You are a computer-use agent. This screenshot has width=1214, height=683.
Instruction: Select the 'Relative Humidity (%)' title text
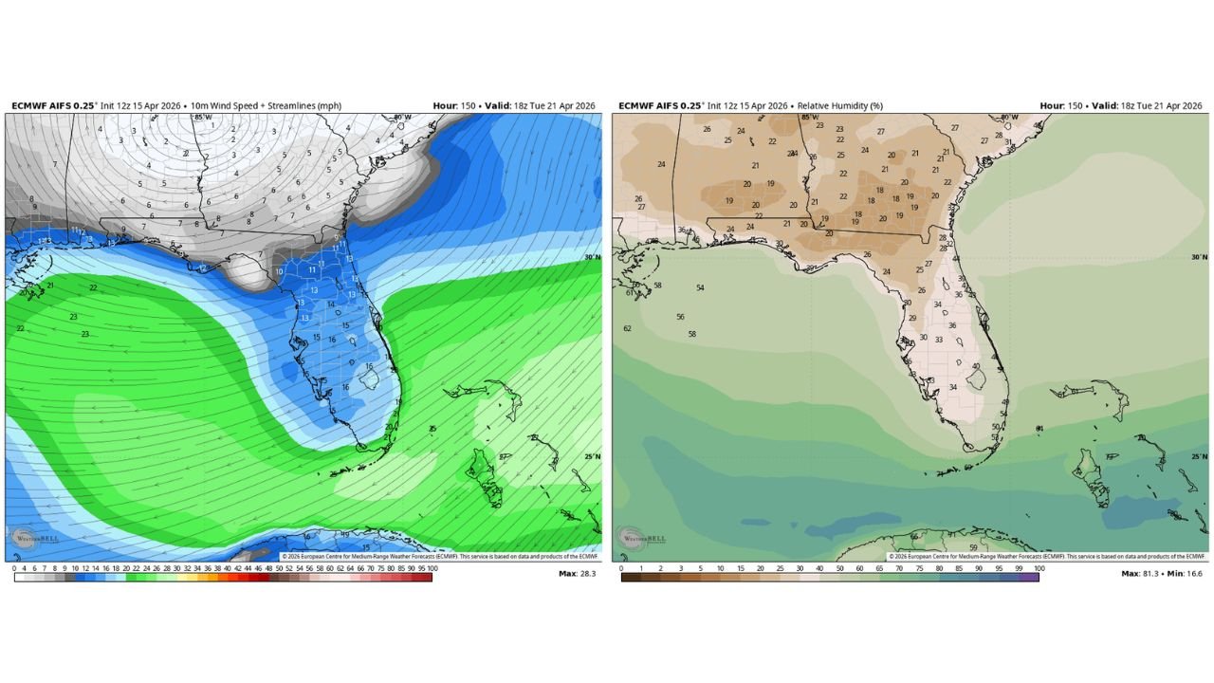click(x=839, y=106)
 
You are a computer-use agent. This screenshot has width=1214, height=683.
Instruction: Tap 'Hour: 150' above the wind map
click(x=453, y=106)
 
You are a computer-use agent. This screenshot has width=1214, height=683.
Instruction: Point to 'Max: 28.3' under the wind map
click(x=579, y=573)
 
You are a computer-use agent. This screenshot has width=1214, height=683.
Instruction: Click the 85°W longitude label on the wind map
click(x=202, y=118)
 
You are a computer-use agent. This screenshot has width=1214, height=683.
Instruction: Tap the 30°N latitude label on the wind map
click(x=593, y=257)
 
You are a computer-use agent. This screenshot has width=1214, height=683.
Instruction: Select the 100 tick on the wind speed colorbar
click(x=432, y=567)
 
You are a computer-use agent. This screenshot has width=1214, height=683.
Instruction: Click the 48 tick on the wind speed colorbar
click(x=268, y=567)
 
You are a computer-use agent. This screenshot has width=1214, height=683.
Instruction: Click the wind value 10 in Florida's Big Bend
click(x=279, y=272)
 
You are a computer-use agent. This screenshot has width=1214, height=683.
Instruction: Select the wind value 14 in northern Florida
click(x=331, y=305)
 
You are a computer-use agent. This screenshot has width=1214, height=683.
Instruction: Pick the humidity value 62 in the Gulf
click(x=627, y=328)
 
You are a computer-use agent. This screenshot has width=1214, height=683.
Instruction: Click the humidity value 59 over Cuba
click(x=973, y=547)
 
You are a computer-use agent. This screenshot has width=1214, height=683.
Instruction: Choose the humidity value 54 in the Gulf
click(x=700, y=287)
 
